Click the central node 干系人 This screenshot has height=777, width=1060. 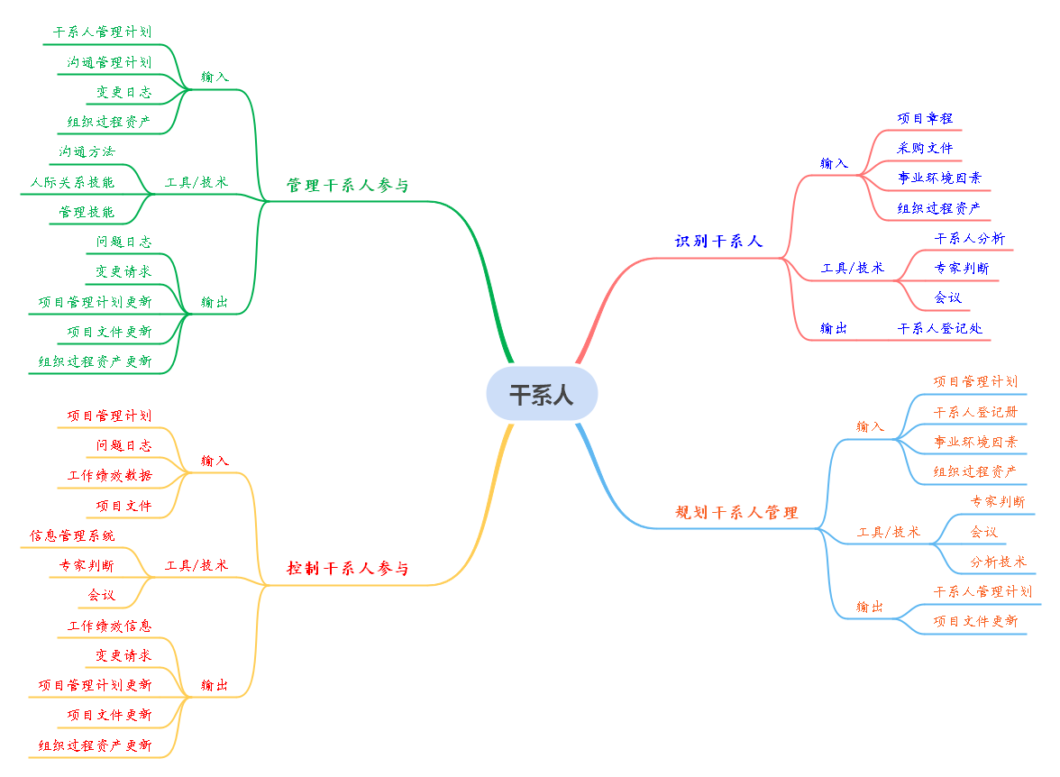tap(542, 394)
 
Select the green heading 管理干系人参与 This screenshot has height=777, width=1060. tap(347, 186)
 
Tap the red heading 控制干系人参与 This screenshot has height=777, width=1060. tap(347, 569)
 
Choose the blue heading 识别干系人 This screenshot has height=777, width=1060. tap(718, 242)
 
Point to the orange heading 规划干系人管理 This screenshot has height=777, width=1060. tap(736, 513)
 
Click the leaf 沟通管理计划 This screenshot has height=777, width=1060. tap(109, 62)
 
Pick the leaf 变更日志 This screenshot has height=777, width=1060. tap(123, 92)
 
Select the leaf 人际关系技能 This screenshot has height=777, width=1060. tap(72, 182)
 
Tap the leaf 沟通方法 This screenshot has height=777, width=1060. tap(87, 151)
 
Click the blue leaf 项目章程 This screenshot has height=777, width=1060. tap(925, 118)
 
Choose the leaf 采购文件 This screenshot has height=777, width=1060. tap(925, 148)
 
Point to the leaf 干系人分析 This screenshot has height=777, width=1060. tap(969, 239)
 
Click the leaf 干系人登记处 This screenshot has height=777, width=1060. tap(939, 328)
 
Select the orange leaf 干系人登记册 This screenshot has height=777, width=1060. tap(975, 412)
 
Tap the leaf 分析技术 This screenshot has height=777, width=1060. tap(998, 562)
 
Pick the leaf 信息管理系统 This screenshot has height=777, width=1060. tap(72, 535)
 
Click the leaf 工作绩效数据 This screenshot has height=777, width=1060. tap(109, 475)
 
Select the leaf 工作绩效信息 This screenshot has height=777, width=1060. tap(109, 626)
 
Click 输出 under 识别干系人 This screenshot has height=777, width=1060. tap(834, 328)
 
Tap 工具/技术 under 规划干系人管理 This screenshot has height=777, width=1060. tap(888, 532)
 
